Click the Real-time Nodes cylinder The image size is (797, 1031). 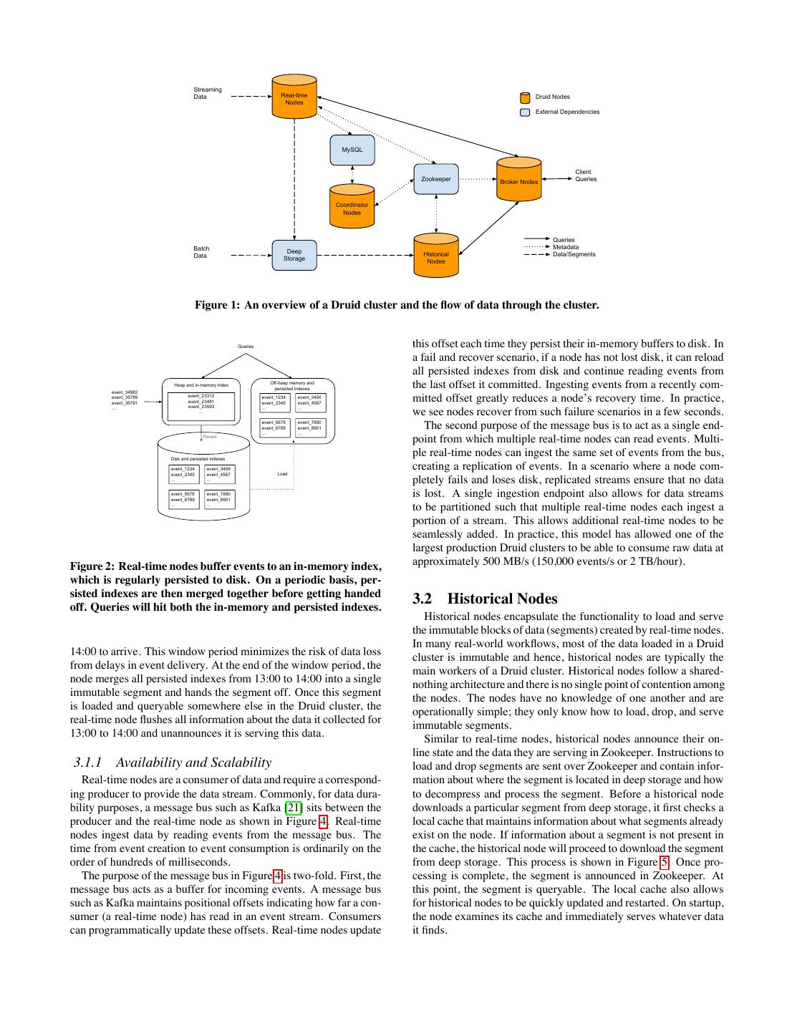pyautogui.click(x=294, y=98)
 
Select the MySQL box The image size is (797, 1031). pyautogui.click(x=352, y=150)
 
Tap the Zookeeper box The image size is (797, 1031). pyautogui.click(x=435, y=179)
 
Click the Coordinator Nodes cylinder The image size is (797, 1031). pyautogui.click(x=352, y=207)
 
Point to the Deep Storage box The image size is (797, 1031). pyautogui.click(x=294, y=255)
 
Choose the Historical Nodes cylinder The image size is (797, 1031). pyautogui.click(x=435, y=256)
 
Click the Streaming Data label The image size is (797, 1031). pyautogui.click(x=208, y=93)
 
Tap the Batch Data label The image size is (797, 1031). pyautogui.click(x=201, y=252)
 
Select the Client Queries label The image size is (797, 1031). pyautogui.click(x=585, y=175)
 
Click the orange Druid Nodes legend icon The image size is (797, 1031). pyautogui.click(x=525, y=97)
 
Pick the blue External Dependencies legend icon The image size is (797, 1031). pyautogui.click(x=525, y=112)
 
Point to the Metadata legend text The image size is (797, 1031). pyautogui.click(x=566, y=247)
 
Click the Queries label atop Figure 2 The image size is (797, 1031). pyautogui.click(x=246, y=347)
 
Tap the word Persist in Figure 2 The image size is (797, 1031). pyautogui.click(x=209, y=436)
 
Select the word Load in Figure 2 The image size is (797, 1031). pyautogui.click(x=282, y=474)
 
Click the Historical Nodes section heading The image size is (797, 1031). pyautogui.click(x=485, y=599)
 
